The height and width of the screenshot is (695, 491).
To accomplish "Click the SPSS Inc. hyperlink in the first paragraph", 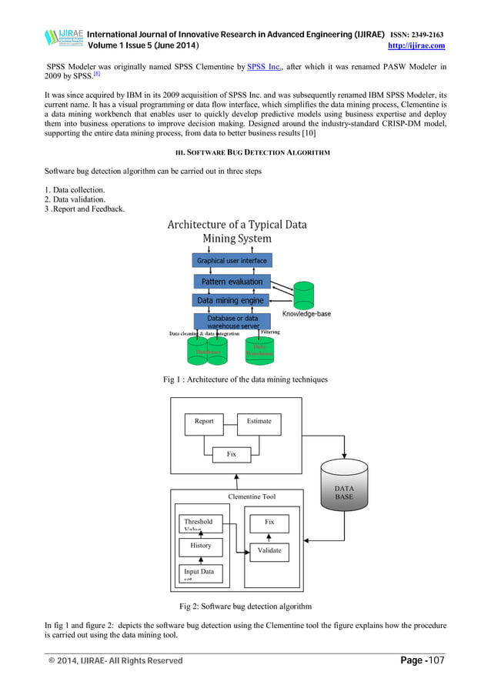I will click(263, 68).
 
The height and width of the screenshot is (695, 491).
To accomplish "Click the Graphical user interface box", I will click(232, 261).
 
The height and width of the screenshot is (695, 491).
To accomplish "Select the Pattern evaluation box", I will click(232, 282).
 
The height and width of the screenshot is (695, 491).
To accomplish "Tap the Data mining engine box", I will click(230, 301).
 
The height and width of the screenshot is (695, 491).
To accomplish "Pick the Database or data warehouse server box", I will click(232, 322).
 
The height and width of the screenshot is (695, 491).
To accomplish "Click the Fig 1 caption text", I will click(245, 379).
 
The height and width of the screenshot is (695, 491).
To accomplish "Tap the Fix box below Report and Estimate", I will click(231, 455).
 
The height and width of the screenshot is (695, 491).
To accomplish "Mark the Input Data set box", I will click(200, 574).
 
